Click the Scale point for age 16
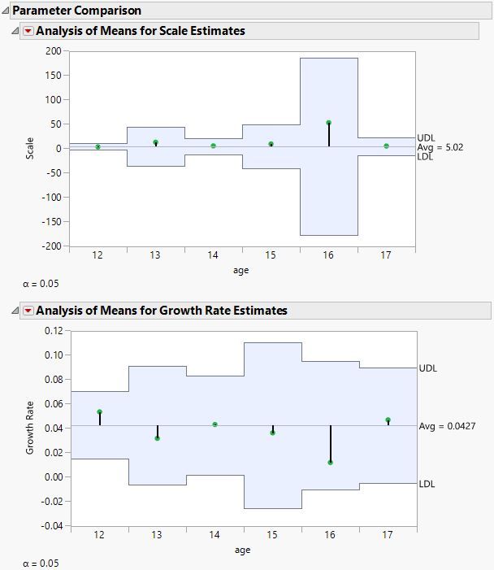tap(329, 123)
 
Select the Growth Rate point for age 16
tap(331, 463)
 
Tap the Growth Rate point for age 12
tap(99, 412)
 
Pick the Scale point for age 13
tap(156, 142)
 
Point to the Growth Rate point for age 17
tap(388, 420)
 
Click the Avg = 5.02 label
tap(440, 147)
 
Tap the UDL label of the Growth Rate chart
tap(428, 368)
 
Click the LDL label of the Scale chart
tap(426, 157)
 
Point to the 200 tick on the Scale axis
tap(54, 50)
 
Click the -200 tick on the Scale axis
tap(51, 246)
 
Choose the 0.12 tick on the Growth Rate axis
tap(53, 331)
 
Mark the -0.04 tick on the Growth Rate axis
tap(51, 526)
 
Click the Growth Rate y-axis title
tap(31, 428)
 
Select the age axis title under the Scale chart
tap(242, 271)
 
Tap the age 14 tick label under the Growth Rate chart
tap(214, 535)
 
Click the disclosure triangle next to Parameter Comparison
tap(6, 11)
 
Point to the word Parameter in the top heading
tap(36, 11)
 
